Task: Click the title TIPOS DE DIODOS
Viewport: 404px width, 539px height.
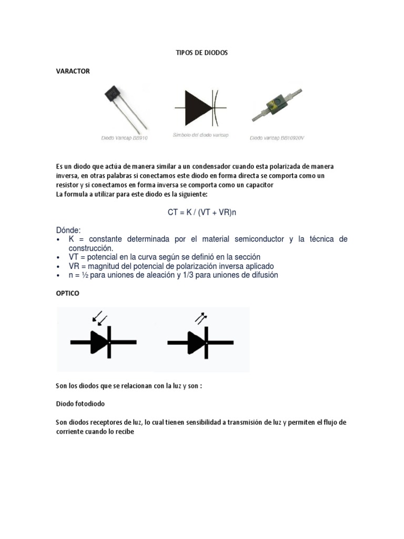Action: [201, 53]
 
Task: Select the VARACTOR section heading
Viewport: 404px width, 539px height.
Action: [73, 72]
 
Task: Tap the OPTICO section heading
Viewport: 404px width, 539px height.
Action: [68, 294]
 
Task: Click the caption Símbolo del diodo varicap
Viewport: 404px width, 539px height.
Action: [200, 135]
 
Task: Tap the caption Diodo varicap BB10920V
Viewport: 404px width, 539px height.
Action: [277, 138]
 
